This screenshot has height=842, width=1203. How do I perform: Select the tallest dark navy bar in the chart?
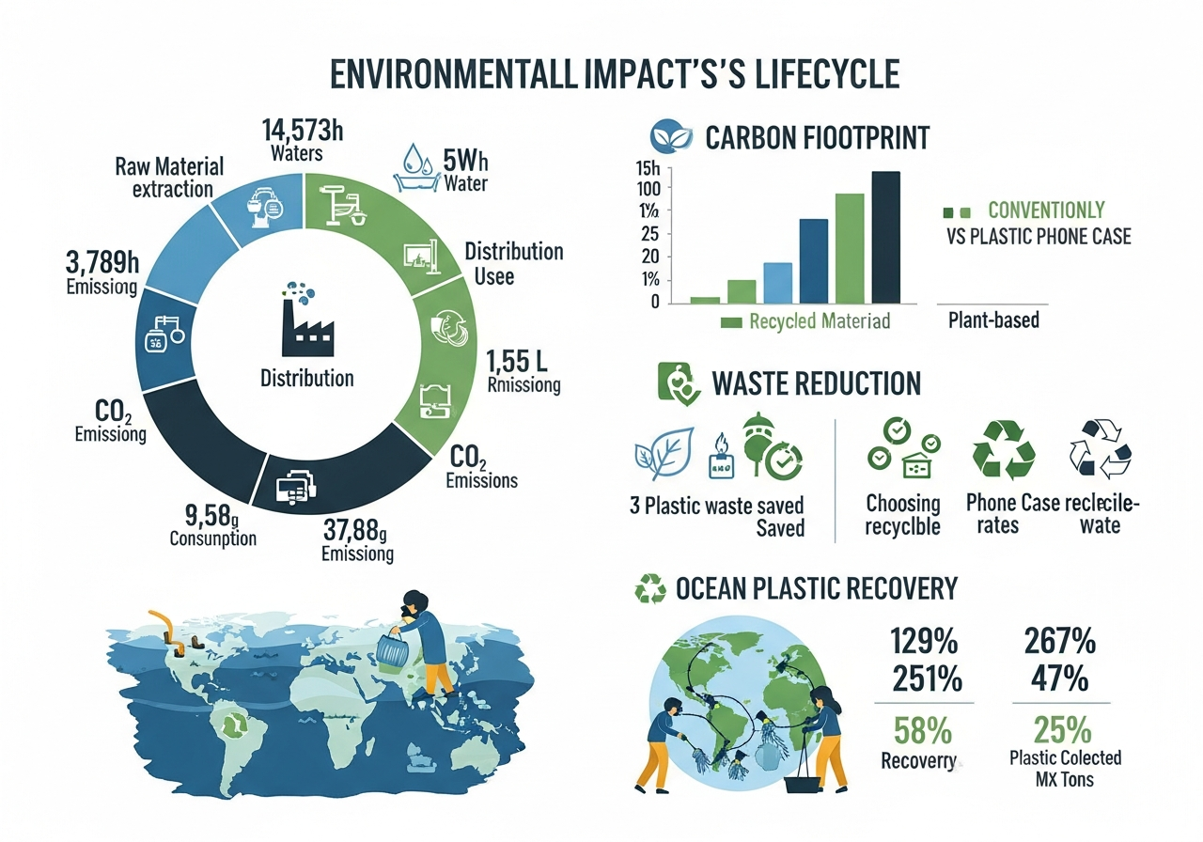(x=885, y=237)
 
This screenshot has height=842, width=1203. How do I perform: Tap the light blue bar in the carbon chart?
(x=777, y=282)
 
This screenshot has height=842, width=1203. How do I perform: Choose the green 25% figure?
(x=1061, y=730)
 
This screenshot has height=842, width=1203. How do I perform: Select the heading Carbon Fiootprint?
(x=817, y=138)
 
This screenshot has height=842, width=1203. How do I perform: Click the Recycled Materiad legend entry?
(x=805, y=321)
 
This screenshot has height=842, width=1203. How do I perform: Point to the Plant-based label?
(x=993, y=320)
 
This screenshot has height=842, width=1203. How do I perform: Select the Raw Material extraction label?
(x=169, y=178)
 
